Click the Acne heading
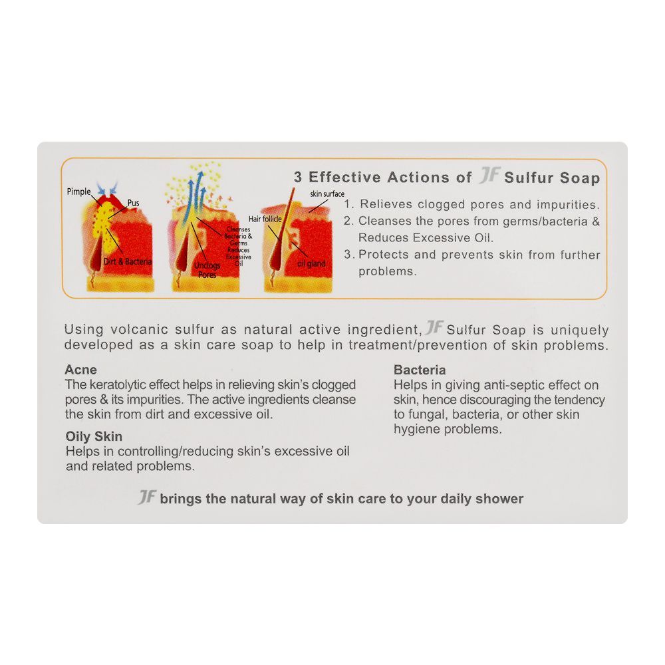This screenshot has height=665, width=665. click(80, 370)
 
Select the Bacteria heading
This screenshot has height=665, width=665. click(420, 370)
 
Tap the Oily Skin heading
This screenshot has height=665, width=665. click(94, 437)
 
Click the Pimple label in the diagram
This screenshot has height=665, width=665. click(79, 192)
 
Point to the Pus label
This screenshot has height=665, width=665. click(133, 203)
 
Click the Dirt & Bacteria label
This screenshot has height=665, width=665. click(128, 262)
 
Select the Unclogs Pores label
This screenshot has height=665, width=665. click(207, 270)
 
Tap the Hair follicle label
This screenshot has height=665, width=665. click(266, 219)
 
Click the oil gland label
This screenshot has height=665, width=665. click(311, 264)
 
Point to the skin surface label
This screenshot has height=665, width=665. click(327, 194)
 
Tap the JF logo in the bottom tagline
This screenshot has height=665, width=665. click(147, 497)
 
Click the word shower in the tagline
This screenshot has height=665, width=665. click(499, 499)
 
